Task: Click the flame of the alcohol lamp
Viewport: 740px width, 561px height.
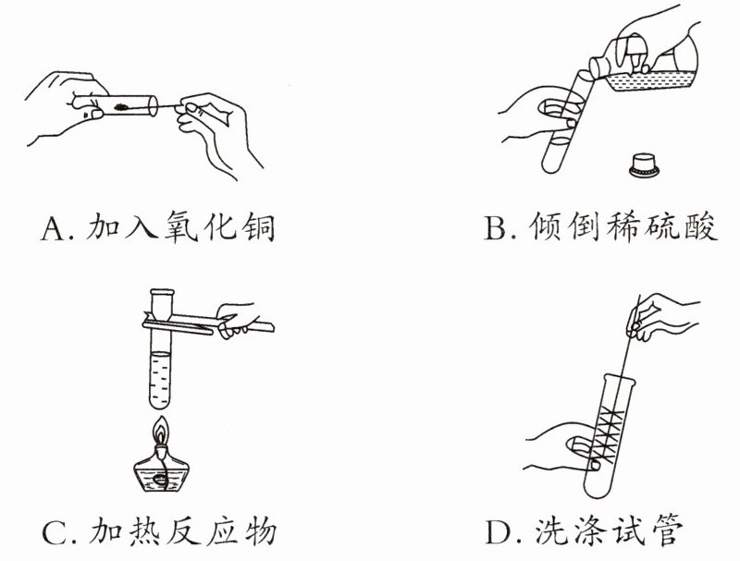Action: coord(162,431)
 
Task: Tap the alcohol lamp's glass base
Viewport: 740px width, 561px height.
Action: coord(162,473)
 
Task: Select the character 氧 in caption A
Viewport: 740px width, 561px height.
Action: coord(179,226)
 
